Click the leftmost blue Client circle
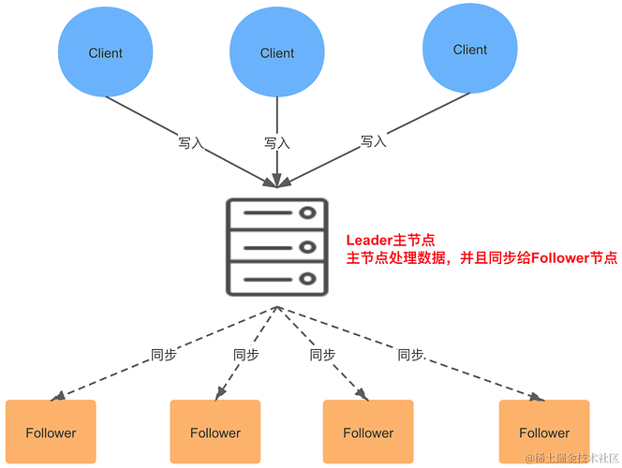coord(105,52)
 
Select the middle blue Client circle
coord(276,52)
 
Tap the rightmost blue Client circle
coord(469,50)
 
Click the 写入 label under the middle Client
coord(276,143)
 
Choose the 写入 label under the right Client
coord(373,141)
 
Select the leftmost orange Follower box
coord(51,432)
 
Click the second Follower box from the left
coord(215,432)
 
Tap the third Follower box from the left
coord(368,432)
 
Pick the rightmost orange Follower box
coord(543,432)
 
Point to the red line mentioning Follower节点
coord(481,258)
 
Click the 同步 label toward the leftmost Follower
coord(164,355)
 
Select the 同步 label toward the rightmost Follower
coord(410,355)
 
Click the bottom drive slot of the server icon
coord(276,279)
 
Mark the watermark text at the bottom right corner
coord(570,459)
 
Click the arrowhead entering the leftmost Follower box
coord(58,396)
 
